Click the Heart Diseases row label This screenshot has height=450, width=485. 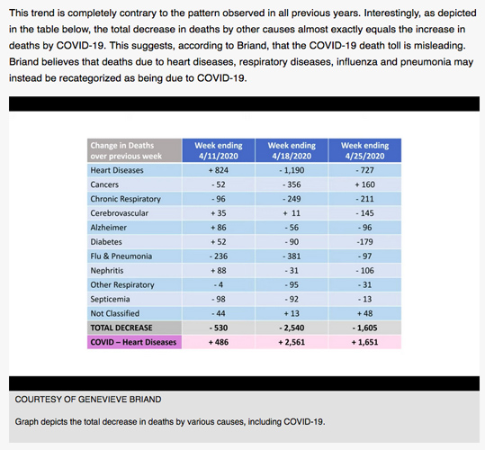(117, 170)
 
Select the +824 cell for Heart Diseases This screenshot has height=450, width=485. (219, 170)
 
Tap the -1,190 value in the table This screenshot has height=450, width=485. (292, 170)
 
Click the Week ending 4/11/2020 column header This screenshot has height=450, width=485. (219, 150)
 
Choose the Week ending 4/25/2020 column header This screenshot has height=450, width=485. (364, 150)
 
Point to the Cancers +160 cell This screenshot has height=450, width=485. (364, 184)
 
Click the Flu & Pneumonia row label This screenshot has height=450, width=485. (121, 256)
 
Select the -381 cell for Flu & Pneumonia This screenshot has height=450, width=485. (292, 256)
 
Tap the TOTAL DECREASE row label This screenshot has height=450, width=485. (121, 328)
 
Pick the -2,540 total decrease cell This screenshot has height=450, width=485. (292, 328)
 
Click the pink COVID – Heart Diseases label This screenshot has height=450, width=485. (133, 342)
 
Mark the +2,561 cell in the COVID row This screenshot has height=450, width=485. (292, 342)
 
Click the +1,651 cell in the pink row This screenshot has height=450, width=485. (364, 342)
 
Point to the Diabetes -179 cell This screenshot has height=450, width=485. (364, 242)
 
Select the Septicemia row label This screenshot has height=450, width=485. (110, 300)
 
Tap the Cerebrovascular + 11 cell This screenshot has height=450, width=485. (292, 213)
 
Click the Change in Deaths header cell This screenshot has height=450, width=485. (135, 150)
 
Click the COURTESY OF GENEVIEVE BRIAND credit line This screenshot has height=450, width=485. (88, 400)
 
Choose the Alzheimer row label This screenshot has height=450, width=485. (108, 228)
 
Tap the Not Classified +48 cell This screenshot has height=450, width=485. (364, 313)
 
